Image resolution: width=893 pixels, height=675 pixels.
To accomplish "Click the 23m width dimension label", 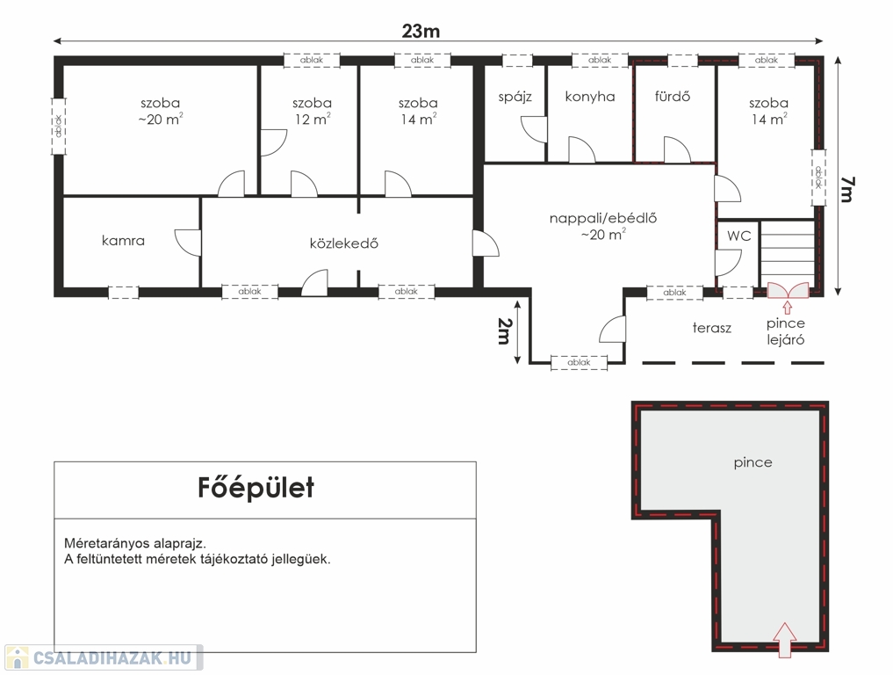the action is (421, 31).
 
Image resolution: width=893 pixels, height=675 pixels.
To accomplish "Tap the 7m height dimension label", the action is (846, 189).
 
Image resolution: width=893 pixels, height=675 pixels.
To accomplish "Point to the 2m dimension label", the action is (504, 331).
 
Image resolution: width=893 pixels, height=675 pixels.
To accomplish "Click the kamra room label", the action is (123, 241).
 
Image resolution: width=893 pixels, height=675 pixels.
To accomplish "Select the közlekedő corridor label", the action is (344, 243).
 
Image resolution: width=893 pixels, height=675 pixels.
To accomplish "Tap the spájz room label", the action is (515, 97).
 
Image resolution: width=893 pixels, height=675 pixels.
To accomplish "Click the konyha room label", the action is (590, 97).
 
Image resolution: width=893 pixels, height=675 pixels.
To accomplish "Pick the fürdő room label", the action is (672, 97).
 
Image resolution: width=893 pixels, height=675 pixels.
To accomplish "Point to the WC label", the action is (738, 236).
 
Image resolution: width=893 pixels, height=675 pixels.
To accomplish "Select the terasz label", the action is (712, 328).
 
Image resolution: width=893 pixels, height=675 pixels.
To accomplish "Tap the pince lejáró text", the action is (785, 331).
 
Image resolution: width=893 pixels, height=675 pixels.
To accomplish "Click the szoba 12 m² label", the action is (312, 111).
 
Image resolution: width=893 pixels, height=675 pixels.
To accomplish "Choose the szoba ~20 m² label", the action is (161, 111).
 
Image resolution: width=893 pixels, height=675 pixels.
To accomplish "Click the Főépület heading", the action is (256, 488).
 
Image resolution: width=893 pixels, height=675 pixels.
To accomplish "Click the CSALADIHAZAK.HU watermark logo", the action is (103, 658).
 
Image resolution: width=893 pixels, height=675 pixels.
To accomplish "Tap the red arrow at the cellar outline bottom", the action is (785, 640).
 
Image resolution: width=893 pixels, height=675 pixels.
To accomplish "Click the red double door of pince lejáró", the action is (788, 290).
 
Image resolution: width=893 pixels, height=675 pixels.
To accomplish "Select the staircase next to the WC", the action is (788, 254).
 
